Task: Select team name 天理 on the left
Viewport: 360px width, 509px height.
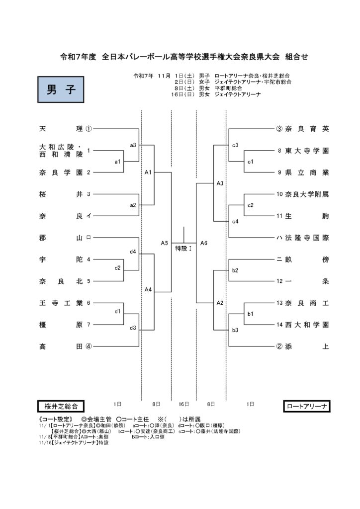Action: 61,129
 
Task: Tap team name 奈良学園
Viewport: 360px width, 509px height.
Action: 61,172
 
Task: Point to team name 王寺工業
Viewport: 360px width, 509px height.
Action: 61,303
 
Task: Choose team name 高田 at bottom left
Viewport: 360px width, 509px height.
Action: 61,346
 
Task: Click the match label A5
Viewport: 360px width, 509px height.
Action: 165,243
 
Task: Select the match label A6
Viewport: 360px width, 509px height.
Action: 204,243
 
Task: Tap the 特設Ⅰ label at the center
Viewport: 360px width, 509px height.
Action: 183,248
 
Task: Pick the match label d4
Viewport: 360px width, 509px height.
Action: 133,252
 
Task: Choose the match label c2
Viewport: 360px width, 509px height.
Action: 251,205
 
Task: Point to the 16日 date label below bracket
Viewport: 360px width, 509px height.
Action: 183,403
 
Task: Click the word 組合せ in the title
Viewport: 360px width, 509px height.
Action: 295,57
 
